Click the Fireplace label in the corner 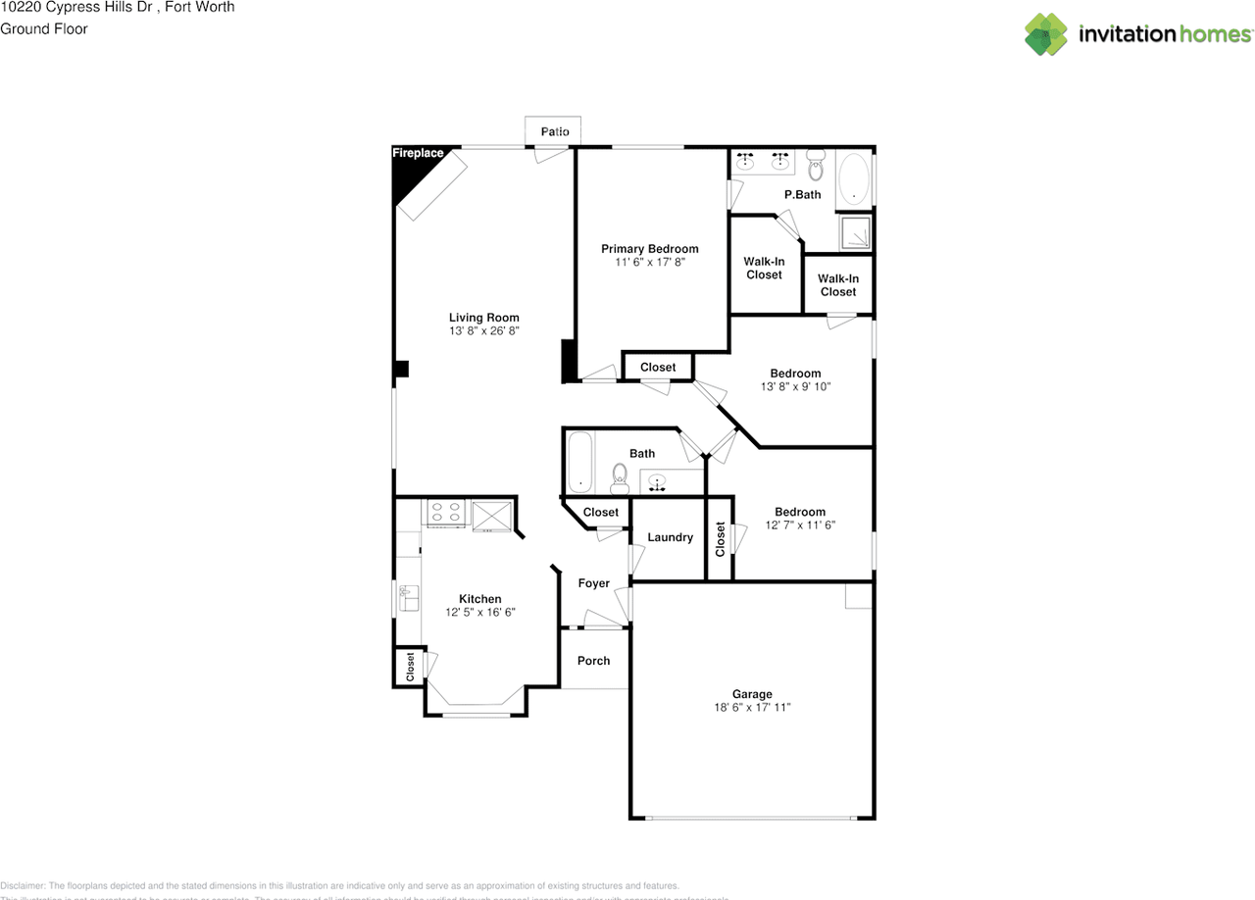pyautogui.click(x=418, y=154)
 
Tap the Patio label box pyautogui.click(x=554, y=130)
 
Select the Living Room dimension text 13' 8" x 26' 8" pyautogui.click(x=483, y=331)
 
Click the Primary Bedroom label pyautogui.click(x=649, y=249)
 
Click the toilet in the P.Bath pyautogui.click(x=816, y=170)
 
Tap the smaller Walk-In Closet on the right pyautogui.click(x=837, y=285)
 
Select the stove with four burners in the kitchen pyautogui.click(x=446, y=513)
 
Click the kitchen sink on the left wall pyautogui.click(x=408, y=596)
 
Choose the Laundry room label pyautogui.click(x=670, y=537)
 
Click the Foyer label pyautogui.click(x=593, y=583)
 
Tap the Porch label pyautogui.click(x=593, y=661)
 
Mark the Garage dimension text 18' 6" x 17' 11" pyautogui.click(x=751, y=707)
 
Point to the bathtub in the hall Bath pyautogui.click(x=579, y=463)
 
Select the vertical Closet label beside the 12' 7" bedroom pyautogui.click(x=720, y=538)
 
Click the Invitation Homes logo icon pyautogui.click(x=1046, y=33)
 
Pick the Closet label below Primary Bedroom pyautogui.click(x=658, y=368)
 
